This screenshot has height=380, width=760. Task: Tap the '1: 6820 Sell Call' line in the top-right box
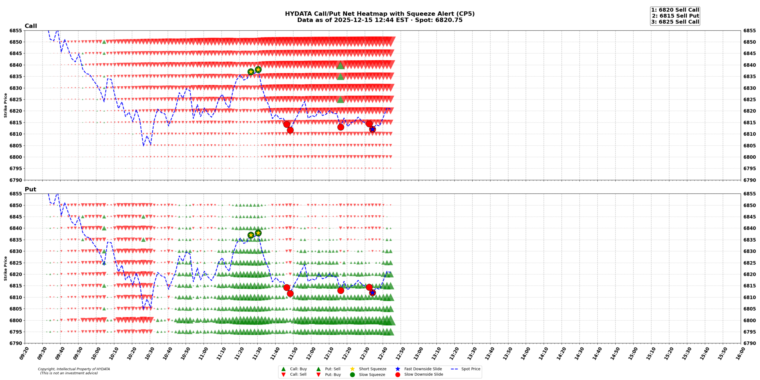coord(675,10)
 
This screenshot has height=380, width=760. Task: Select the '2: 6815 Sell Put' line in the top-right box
coord(675,16)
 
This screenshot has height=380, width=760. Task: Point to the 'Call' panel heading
coord(31,26)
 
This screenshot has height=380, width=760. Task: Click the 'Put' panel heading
coord(30,189)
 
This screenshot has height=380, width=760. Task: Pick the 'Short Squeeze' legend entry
coord(372,369)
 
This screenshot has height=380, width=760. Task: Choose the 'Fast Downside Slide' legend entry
coord(423,369)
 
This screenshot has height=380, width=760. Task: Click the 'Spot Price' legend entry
coord(471,369)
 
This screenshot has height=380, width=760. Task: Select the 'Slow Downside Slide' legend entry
coord(423,374)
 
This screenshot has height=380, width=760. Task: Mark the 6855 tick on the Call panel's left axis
coord(16,31)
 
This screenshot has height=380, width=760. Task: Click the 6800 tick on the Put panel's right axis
coord(750,320)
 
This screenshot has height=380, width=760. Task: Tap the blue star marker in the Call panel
coord(372,129)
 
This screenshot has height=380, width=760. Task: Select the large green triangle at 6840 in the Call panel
coord(341,66)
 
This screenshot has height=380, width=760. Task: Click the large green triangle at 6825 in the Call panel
coord(341,99)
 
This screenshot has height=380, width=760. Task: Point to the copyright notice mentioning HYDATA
coord(74,371)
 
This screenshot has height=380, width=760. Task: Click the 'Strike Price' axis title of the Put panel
coord(5,268)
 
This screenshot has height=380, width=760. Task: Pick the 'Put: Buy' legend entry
coord(332,374)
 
